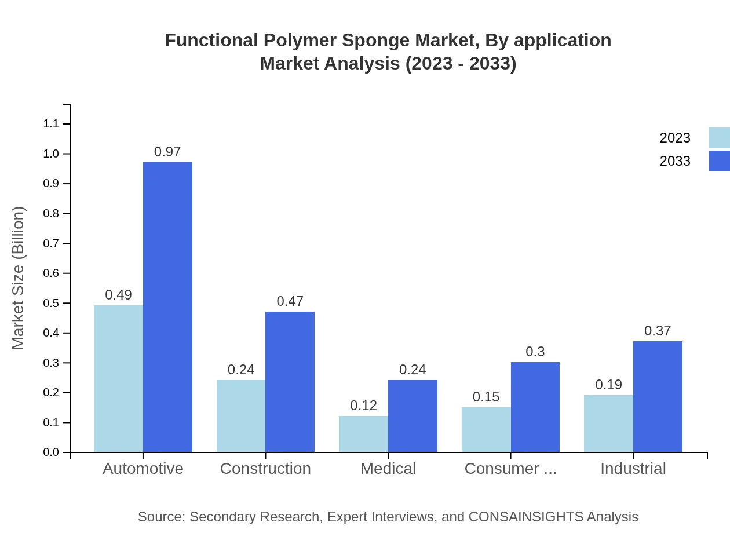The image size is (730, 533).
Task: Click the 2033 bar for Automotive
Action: pyautogui.click(x=167, y=307)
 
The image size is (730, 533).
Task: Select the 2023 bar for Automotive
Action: pyautogui.click(x=118, y=379)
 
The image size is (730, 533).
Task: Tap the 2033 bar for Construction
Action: pyautogui.click(x=290, y=382)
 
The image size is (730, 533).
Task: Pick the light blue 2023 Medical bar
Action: pyautogui.click(x=363, y=434)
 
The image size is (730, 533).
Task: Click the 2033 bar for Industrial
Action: pyautogui.click(x=658, y=397)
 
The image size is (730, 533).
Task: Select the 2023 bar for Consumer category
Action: pyautogui.click(x=486, y=429)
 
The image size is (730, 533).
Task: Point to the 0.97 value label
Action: pyautogui.click(x=167, y=152)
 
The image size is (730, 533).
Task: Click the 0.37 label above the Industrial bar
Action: pyautogui.click(x=658, y=331)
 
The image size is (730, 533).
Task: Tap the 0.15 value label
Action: pyautogui.click(x=486, y=397)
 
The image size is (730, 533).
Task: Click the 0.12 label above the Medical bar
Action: pyautogui.click(x=363, y=406)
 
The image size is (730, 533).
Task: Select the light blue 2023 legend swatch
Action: pyautogui.click(x=719, y=138)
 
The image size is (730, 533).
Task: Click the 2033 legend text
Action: pyautogui.click(x=675, y=161)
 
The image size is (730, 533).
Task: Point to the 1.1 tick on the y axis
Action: pyautogui.click(x=51, y=124)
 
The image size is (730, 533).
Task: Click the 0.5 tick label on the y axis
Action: pyautogui.click(x=51, y=303)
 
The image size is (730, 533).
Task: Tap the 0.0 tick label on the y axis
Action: pyautogui.click(x=51, y=452)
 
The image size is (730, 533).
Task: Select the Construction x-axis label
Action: pyautogui.click(x=265, y=468)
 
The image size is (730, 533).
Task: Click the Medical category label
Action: pyautogui.click(x=388, y=468)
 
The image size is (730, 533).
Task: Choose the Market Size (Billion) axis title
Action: pyautogui.click(x=19, y=278)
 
